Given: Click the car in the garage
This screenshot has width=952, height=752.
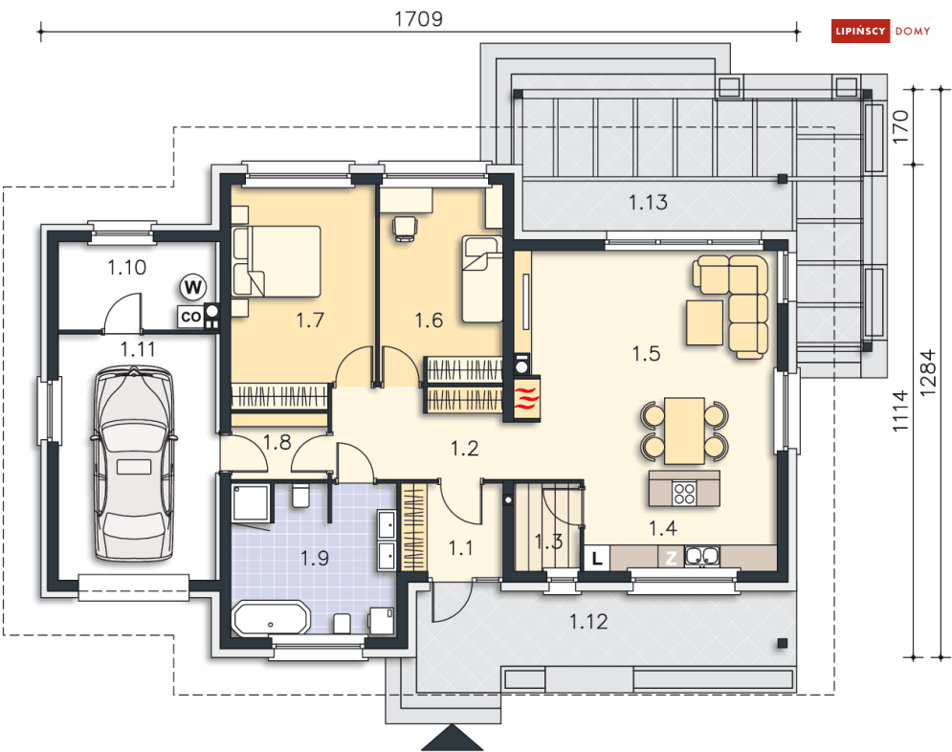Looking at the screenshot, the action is click(x=134, y=462).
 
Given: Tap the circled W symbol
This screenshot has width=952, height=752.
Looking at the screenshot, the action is click(x=193, y=287).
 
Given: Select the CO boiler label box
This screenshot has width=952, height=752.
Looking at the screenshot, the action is click(x=190, y=317).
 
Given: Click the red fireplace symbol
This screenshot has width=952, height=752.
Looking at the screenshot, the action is click(x=527, y=398).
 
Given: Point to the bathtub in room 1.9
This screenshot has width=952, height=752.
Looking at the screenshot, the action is click(x=272, y=618).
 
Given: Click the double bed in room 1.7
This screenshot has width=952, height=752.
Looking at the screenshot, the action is click(x=277, y=261).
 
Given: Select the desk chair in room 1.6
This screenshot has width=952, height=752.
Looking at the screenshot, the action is click(x=405, y=228).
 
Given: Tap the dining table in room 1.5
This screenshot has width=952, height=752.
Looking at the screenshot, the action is click(x=684, y=431).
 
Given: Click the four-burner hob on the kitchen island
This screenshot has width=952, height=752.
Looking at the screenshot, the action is click(x=684, y=493).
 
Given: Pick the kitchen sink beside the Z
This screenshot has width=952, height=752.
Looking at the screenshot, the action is click(x=702, y=557).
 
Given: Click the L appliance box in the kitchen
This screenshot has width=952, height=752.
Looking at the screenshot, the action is click(x=597, y=558).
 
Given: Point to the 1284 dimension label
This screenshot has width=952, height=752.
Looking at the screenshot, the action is click(x=928, y=373).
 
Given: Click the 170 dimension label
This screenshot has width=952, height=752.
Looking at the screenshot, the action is click(x=900, y=127).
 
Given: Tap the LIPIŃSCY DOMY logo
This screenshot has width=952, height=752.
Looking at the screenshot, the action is click(x=881, y=31).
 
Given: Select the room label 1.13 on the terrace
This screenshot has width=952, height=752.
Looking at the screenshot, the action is click(x=648, y=202).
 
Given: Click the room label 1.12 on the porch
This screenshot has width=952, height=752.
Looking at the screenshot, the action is click(x=588, y=622).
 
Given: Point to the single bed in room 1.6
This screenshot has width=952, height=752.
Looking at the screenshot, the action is click(x=482, y=279).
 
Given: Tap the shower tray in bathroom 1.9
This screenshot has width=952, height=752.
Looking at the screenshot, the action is click(x=251, y=502).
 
